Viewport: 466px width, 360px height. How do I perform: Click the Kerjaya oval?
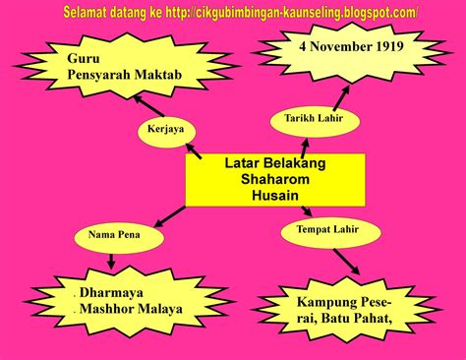tap(165, 130)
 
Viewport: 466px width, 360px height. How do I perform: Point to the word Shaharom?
tap(261, 180)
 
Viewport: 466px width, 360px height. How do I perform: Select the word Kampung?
tap(316, 298)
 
